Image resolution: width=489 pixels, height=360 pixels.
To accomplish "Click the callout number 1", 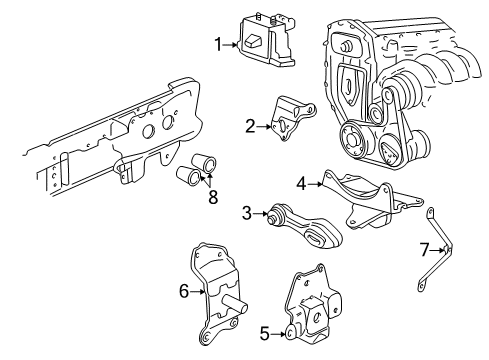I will (x=216, y=43).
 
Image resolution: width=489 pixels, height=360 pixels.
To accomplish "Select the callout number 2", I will (x=250, y=126).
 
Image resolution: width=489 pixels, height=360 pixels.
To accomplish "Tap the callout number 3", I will (x=245, y=211).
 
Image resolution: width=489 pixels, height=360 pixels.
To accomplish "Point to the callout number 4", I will (x=300, y=182).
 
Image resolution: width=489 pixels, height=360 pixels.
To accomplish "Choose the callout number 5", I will (x=264, y=334).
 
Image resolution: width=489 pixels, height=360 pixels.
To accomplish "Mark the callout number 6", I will (x=182, y=291).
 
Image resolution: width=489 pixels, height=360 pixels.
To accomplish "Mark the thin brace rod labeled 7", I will (x=438, y=250).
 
